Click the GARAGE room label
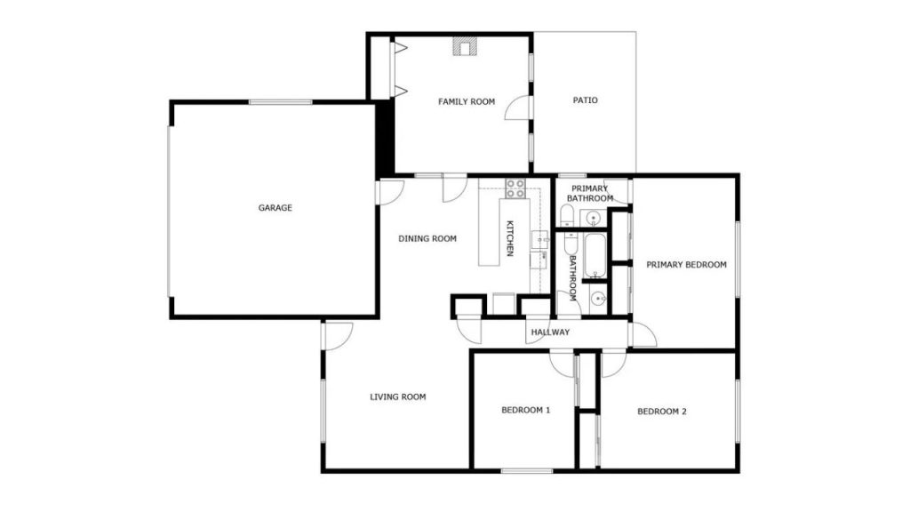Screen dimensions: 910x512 pyautogui.click(x=275, y=208)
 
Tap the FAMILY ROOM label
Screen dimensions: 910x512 pyautogui.click(x=467, y=101)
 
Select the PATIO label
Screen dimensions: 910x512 pyautogui.click(x=585, y=100)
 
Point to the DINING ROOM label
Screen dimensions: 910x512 pyautogui.click(x=427, y=238)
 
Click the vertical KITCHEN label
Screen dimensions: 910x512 pyautogui.click(x=510, y=238)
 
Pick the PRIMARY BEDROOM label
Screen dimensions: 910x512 pyautogui.click(x=687, y=265)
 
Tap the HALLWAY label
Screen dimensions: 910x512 pyautogui.click(x=550, y=332)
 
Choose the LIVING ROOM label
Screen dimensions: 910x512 pyautogui.click(x=398, y=397)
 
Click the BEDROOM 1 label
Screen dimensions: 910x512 pyautogui.click(x=526, y=411)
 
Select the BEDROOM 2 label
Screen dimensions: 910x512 pyautogui.click(x=661, y=412)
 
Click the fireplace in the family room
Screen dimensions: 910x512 pyautogui.click(x=464, y=46)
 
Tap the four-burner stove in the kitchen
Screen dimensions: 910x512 pyautogui.click(x=515, y=188)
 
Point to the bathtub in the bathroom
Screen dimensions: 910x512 pyautogui.click(x=595, y=256)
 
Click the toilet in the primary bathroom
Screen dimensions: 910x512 pyautogui.click(x=567, y=215)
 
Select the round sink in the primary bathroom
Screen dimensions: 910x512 pyautogui.click(x=593, y=219)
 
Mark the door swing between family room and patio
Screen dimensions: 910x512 pyautogui.click(x=517, y=108)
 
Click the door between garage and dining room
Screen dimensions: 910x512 pyautogui.click(x=390, y=192)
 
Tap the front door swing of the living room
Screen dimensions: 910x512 pyautogui.click(x=339, y=336)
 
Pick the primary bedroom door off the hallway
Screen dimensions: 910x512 pyautogui.click(x=643, y=334)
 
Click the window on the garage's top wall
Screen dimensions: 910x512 pyautogui.click(x=280, y=103)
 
